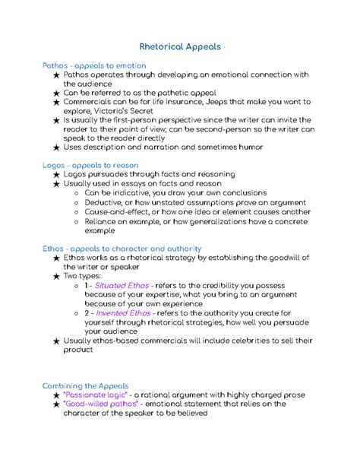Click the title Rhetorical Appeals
(x=180, y=46)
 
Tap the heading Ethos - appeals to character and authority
(x=122, y=248)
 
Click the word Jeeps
(x=221, y=100)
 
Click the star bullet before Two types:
(x=51, y=276)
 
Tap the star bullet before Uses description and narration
(x=51, y=147)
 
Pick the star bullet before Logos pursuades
(x=51, y=175)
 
